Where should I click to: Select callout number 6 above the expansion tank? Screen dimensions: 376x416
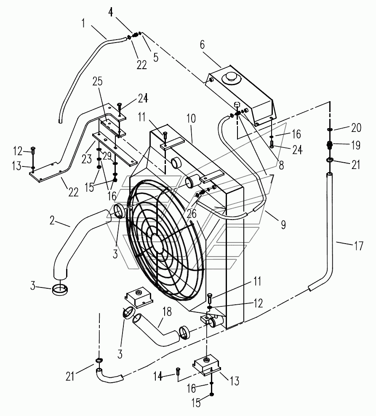pyautogui.click(x=203, y=45)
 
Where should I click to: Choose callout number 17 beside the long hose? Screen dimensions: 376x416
pyautogui.click(x=359, y=246)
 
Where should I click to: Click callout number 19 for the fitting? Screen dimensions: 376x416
pyautogui.click(x=355, y=145)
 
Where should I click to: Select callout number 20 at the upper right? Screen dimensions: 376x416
pyautogui.click(x=356, y=128)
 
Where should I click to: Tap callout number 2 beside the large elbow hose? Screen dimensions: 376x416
pyautogui.click(x=52, y=220)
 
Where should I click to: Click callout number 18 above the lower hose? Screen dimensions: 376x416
pyautogui.click(x=167, y=312)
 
